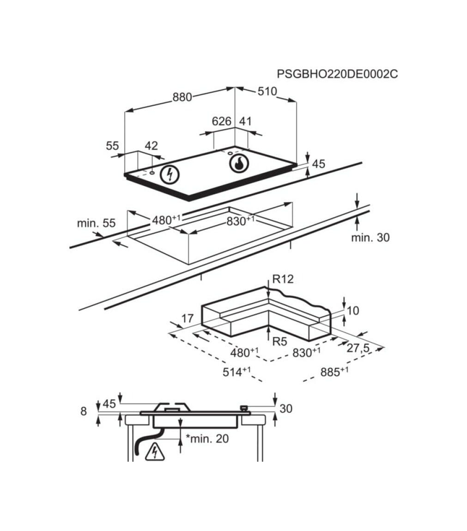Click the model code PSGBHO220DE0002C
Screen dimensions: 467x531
pos(337,74)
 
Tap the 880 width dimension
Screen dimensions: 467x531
pos(182,97)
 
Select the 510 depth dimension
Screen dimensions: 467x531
pos(267,91)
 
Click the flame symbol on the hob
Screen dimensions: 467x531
pos(239,163)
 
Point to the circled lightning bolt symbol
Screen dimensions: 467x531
pos(170,174)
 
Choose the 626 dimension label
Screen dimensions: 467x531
pos(221,121)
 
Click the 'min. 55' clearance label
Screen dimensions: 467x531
pos(96,223)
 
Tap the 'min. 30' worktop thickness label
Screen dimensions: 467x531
pos(370,238)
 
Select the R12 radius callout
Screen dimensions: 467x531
pos(283,279)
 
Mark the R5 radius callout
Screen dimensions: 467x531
pos(280,342)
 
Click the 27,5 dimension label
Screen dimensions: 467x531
pos(358,348)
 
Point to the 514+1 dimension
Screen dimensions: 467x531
pos(237,372)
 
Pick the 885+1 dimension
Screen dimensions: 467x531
pos(334,372)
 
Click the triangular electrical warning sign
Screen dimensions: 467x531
pos(155,452)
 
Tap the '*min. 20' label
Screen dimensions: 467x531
pos(207,439)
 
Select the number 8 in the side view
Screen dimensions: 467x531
pos(83,411)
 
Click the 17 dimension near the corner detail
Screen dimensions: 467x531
pos(188,318)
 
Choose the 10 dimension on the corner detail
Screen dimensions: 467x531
pos(353,311)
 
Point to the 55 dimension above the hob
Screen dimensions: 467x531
pos(113,145)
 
